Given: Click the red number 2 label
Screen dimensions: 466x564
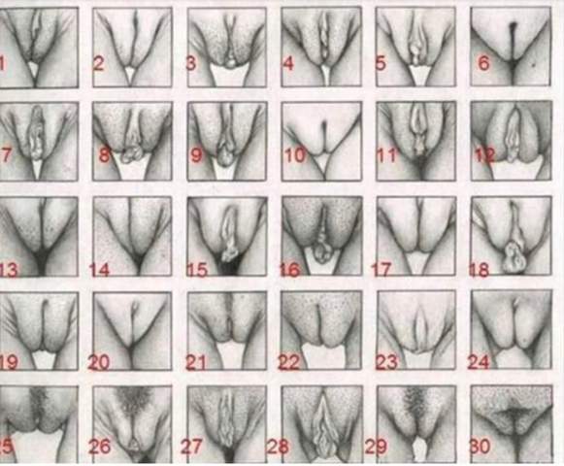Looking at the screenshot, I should tap(98, 64).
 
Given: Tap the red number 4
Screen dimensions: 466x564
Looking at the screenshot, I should tap(288, 64).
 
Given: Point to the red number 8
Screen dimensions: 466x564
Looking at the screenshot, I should tap(104, 154).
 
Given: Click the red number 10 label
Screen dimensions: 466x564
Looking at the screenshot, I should tap(295, 154).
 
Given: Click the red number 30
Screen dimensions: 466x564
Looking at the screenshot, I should tap(481, 449).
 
